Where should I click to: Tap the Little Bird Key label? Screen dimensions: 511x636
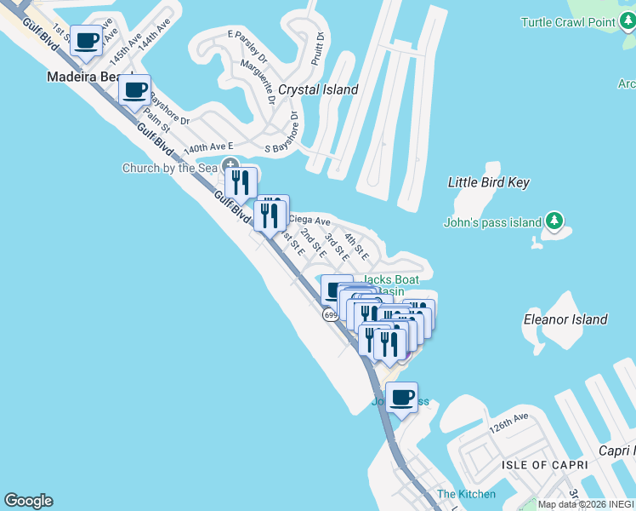click(489, 182)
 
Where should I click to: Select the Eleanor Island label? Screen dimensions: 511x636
click(565, 319)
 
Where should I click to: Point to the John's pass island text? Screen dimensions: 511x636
click(492, 223)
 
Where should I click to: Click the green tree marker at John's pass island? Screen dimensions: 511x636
click(554, 221)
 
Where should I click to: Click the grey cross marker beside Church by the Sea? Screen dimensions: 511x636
click(229, 165)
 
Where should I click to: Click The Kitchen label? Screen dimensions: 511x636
click(466, 494)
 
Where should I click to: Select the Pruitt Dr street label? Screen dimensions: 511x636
click(318, 49)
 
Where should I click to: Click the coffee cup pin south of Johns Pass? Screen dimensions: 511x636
click(401, 397)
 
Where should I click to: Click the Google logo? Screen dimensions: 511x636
click(28, 501)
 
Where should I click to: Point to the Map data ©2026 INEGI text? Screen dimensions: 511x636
click(586, 504)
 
